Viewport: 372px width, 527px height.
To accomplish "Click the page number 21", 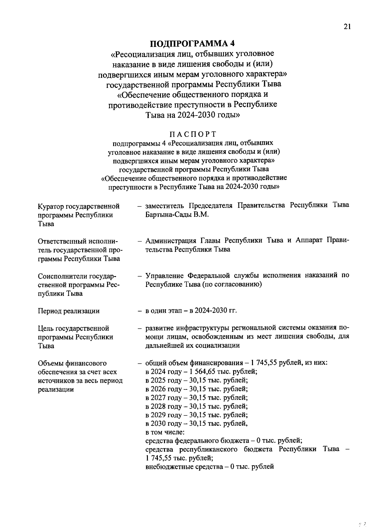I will (x=347, y=27).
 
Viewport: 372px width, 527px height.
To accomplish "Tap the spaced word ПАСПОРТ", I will (x=193, y=134).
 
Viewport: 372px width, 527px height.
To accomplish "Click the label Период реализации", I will (x=69, y=311).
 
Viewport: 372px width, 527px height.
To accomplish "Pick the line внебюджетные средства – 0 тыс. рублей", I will (x=210, y=467).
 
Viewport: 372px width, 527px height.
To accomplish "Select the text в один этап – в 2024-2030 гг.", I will (x=191, y=311).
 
